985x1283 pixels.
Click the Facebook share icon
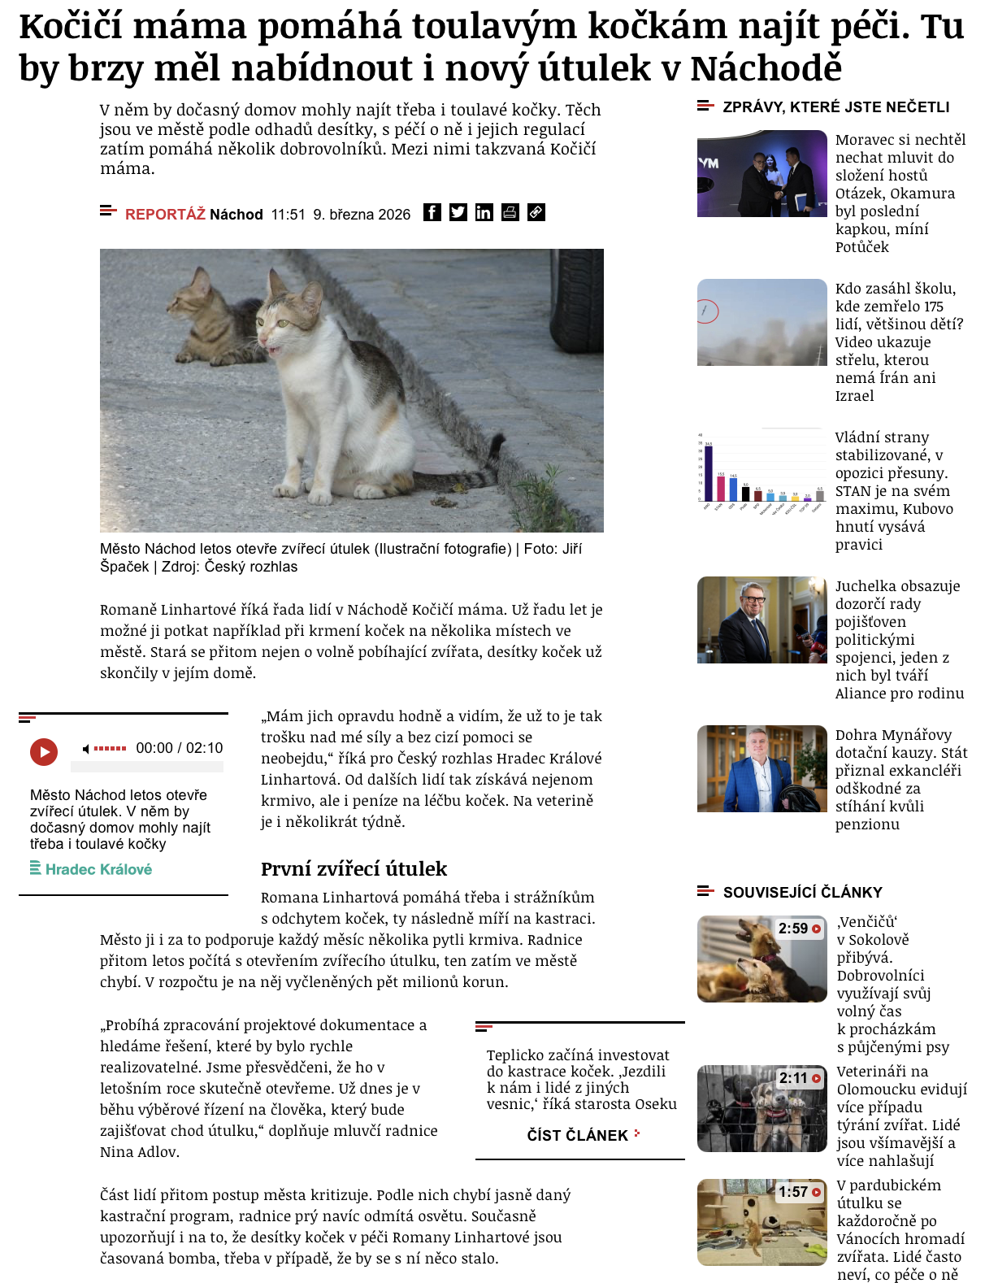click(x=432, y=213)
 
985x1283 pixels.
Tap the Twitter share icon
click(x=458, y=213)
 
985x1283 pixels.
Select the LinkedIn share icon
click(x=484, y=213)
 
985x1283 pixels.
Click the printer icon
click(x=510, y=213)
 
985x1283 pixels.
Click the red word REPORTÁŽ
click(x=165, y=215)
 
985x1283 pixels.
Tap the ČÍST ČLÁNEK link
click(x=578, y=1135)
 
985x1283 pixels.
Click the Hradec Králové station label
click(x=98, y=869)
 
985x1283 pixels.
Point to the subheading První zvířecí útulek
click(x=354, y=868)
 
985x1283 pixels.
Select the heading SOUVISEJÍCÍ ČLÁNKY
click(x=802, y=892)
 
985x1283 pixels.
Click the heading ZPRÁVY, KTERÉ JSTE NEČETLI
click(x=835, y=107)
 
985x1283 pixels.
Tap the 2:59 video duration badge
click(x=799, y=929)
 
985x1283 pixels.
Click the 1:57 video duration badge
click(x=799, y=1192)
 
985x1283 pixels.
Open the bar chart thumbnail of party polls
click(x=762, y=469)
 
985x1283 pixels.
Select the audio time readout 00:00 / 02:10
click(x=179, y=748)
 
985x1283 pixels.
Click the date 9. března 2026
click(x=362, y=215)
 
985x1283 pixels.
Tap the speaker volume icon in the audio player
click(x=86, y=749)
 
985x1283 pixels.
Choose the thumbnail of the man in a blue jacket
click(x=762, y=768)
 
